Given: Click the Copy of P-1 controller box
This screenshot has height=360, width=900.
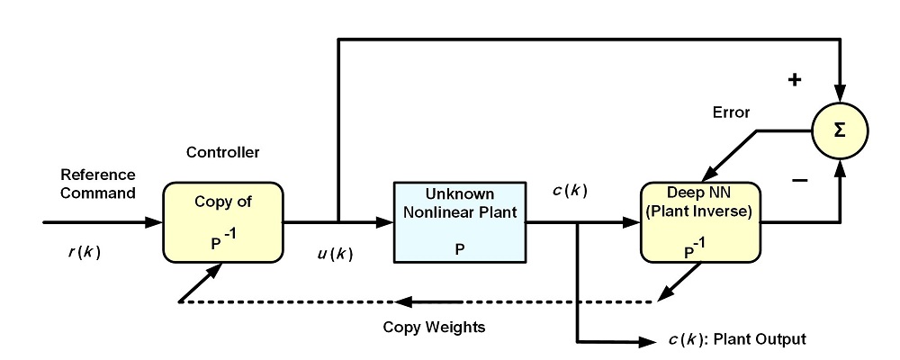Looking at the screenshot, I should point(223,220).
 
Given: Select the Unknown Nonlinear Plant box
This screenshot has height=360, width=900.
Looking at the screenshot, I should point(459,220).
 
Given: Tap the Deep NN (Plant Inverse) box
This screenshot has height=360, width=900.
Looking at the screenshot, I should point(700,220).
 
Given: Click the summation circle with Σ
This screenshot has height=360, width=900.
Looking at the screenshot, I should point(840,130).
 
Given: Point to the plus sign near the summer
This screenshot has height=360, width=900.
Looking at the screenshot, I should point(795,80).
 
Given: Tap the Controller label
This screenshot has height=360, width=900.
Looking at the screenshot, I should point(222,154).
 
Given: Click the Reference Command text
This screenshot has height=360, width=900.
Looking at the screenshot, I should point(97,183).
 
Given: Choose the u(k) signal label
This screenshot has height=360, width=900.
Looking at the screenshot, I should point(336,254).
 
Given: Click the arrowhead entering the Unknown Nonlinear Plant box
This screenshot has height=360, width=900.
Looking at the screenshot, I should point(385,220).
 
